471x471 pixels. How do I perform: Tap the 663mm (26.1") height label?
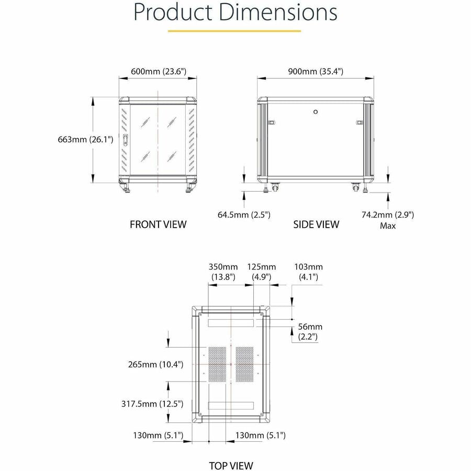click(86, 139)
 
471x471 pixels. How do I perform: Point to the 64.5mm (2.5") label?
click(244, 214)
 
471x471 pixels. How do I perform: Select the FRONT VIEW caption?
click(158, 225)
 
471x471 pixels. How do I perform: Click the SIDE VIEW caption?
click(316, 225)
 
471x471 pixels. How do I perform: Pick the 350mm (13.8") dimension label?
click(223, 272)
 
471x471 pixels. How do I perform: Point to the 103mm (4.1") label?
click(308, 272)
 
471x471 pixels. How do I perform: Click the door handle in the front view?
click(126, 140)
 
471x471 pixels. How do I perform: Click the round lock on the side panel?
click(316, 111)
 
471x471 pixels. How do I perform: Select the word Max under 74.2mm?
click(388, 226)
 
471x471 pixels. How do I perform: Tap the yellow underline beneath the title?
click(234, 31)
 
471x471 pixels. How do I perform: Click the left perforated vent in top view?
click(218, 364)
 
